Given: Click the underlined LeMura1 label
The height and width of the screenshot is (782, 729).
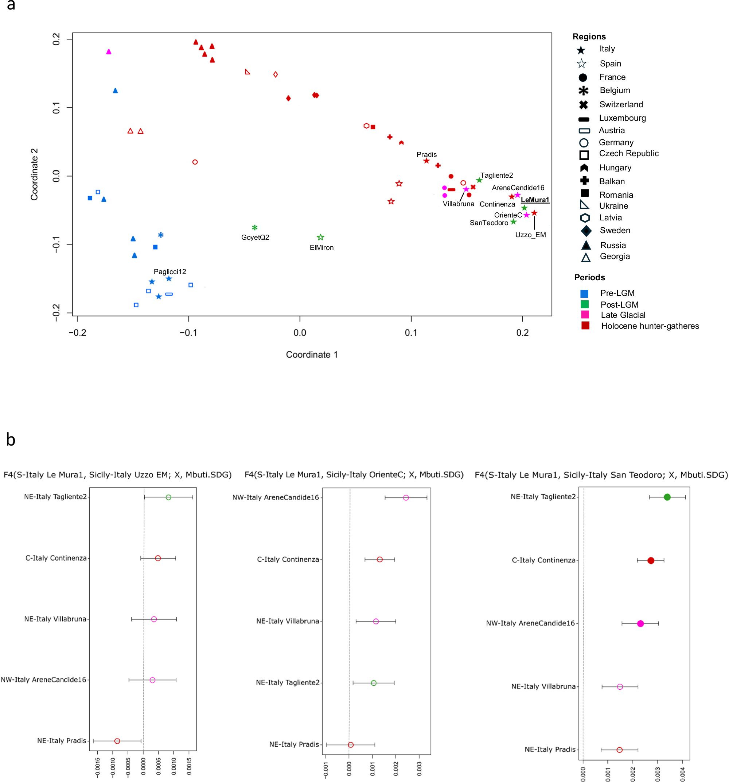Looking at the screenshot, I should coord(534,200).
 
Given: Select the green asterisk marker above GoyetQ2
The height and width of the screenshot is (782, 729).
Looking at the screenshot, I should coord(255,228).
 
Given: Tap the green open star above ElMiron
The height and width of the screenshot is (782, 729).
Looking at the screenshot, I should coord(320,237).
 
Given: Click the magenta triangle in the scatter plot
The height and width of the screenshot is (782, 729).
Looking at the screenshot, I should coord(109,52).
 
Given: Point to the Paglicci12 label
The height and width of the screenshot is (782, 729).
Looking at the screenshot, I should coord(170,271).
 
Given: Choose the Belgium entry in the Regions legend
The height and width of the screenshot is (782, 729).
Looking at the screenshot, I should coord(614,90).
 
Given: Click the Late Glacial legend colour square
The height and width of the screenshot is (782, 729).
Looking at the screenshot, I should coord(585,315).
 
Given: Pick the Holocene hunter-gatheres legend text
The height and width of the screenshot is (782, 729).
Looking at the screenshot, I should coord(650,326).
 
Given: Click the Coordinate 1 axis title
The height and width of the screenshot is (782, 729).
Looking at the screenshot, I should coord(312,355).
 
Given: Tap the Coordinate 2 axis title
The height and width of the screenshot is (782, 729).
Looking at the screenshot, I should coord(35,174).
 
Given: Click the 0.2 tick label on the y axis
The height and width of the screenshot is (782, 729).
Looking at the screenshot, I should coord(56,39).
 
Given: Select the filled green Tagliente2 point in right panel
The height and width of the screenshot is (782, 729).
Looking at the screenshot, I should coord(667,497).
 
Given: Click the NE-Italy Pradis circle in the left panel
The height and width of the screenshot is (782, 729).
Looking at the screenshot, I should coord(117,741).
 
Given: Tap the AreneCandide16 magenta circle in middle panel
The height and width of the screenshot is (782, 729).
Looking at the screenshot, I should coord(406,498).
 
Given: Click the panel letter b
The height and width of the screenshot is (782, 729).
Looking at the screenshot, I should coord(11,440).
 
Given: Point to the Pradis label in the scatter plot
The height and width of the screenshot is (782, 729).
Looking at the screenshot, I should coord(426,155).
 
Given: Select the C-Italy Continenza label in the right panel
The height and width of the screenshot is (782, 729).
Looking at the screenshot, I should coord(543,560).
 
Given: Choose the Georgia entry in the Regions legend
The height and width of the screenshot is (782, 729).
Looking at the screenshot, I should coord(614,257).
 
